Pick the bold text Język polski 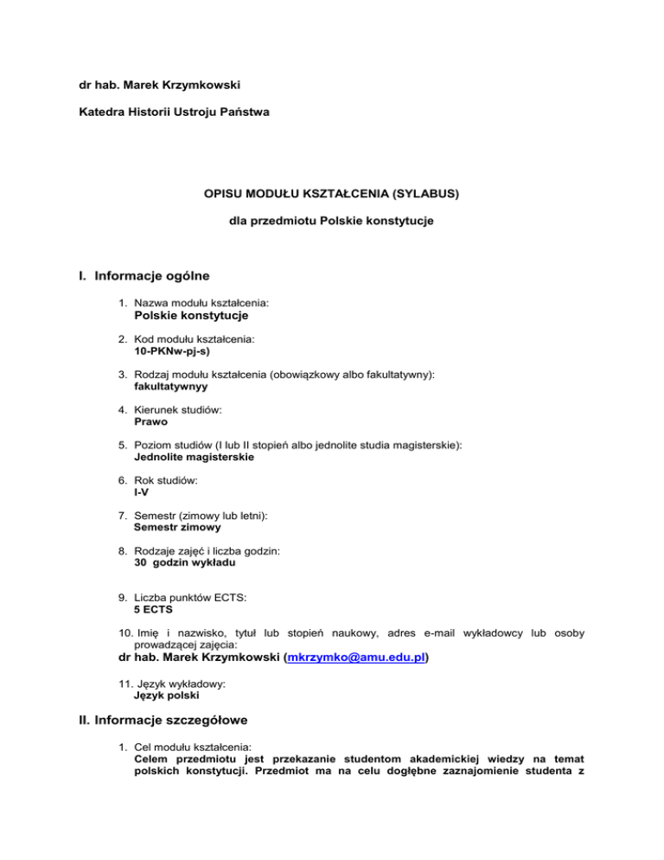tap(167, 695)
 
